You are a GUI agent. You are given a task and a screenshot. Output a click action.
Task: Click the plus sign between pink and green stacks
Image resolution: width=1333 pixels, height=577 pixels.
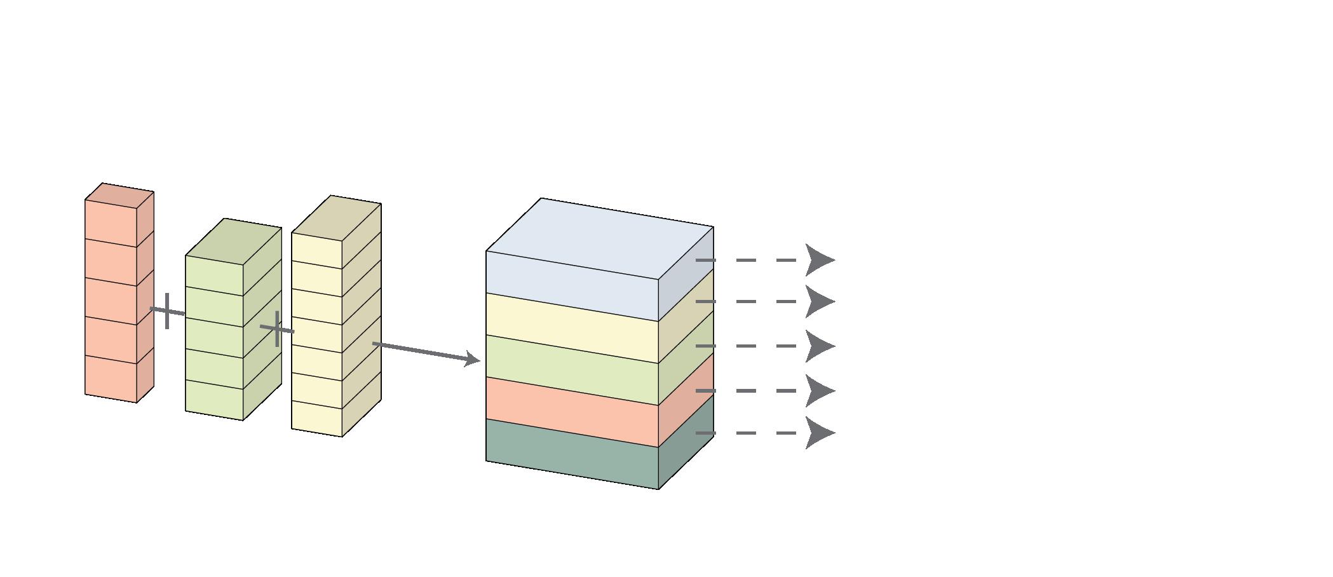(x=167, y=311)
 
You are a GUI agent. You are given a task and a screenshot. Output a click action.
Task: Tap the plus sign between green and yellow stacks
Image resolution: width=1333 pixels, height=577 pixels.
(x=278, y=329)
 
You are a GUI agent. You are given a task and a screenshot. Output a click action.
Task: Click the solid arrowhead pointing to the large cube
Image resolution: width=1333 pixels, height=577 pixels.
(x=472, y=359)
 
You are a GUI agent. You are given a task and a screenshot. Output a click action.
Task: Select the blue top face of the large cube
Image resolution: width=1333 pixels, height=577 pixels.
(x=599, y=238)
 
